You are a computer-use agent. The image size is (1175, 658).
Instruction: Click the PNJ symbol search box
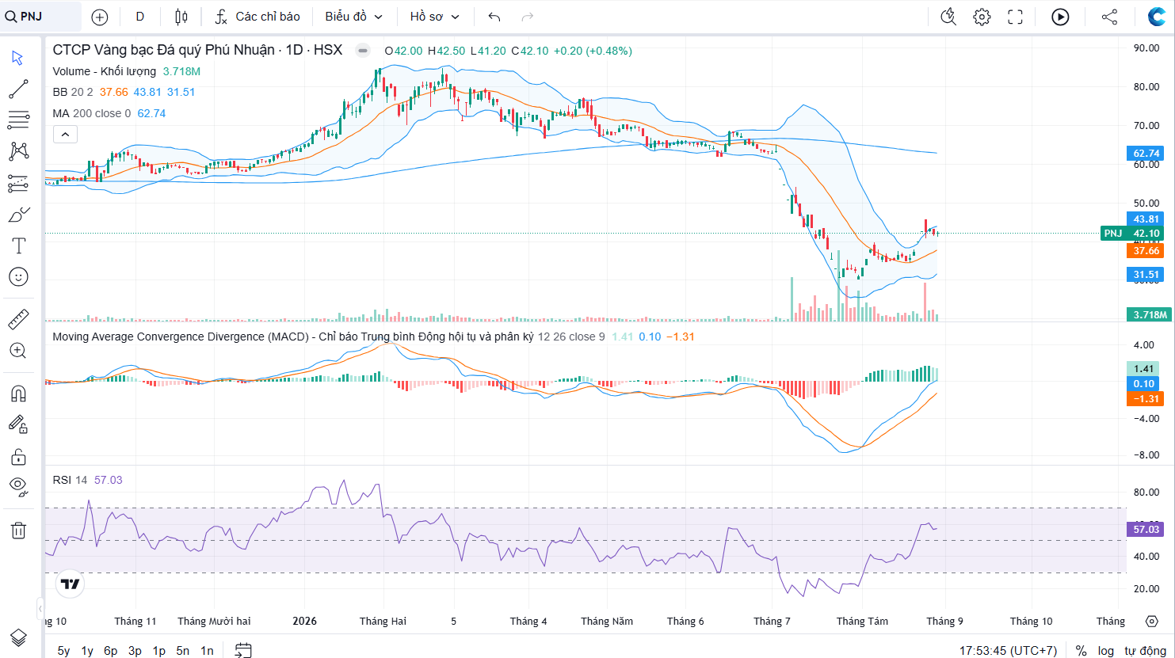41,17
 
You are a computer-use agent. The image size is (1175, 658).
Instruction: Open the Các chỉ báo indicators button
257,17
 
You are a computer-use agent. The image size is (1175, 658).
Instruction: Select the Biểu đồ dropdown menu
353,17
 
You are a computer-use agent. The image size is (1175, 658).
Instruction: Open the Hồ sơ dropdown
434,17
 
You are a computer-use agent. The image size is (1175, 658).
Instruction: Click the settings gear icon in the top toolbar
982,17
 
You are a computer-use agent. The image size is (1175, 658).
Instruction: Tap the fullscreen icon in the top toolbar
1015,17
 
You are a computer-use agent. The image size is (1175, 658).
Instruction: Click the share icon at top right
1109,17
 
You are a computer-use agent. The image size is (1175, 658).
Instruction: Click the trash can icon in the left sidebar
18,531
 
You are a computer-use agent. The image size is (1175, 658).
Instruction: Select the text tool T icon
18,245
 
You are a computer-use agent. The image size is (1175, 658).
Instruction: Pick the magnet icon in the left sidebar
18,394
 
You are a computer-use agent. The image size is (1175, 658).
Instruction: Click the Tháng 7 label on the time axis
772,622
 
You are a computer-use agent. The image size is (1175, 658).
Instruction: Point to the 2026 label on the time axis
304,622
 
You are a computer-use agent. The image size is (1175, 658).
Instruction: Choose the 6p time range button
111,651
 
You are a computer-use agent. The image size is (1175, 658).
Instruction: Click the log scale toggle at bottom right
1106,651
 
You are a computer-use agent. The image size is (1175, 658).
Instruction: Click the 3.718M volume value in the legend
181,71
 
